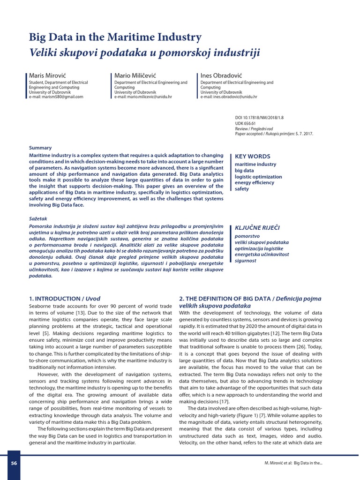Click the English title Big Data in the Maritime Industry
tap(115, 37)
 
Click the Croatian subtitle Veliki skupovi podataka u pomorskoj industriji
tap(144, 52)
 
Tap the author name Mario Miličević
tap(134, 75)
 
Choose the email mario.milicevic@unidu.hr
tap(143, 97)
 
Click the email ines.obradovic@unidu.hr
tap(229, 97)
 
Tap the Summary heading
tap(40, 148)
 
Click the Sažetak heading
tap(38, 218)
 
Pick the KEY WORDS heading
tap(252, 157)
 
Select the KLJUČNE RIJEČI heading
tap(257, 228)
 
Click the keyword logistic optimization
tap(258, 177)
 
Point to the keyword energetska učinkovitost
tap(262, 254)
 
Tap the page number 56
tap(14, 463)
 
